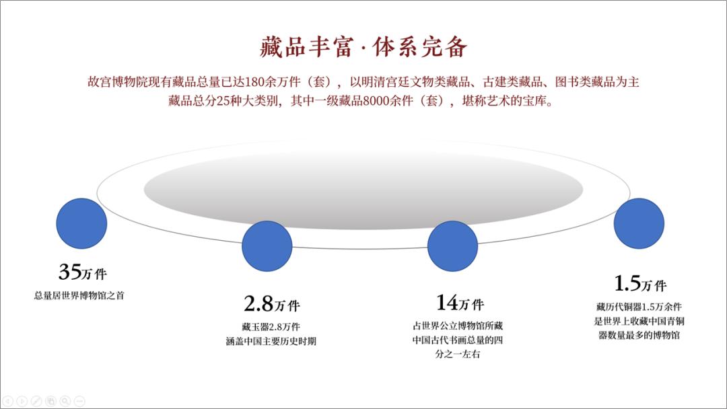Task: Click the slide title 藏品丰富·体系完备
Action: tap(363, 47)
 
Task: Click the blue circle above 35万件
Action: tap(81, 223)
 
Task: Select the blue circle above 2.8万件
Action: tap(267, 246)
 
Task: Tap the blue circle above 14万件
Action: tap(453, 246)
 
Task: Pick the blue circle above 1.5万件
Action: tap(639, 223)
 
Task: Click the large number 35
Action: tap(69, 272)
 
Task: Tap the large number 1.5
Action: tap(627, 283)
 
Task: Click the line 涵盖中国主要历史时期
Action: tap(271, 341)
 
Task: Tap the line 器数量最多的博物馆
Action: tap(639, 334)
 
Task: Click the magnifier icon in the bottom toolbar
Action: tap(65, 402)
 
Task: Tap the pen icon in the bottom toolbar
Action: tap(36, 402)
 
